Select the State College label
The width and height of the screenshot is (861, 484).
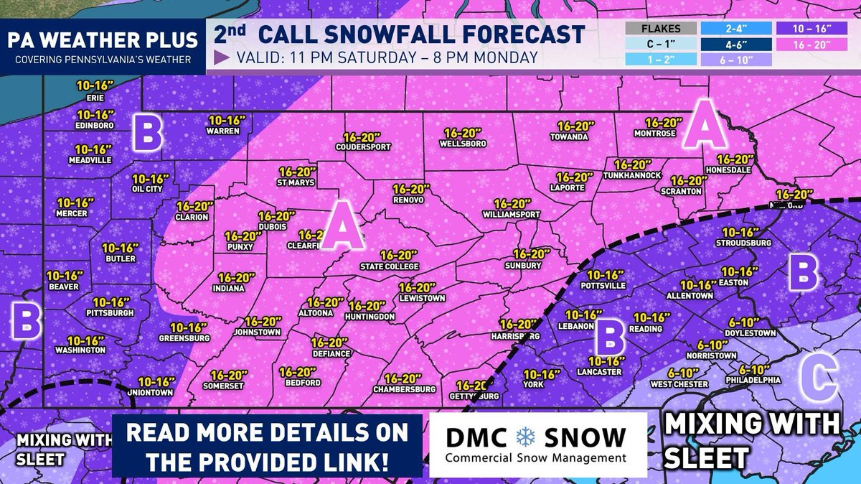[x=388, y=266]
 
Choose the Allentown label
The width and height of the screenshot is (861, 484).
[x=690, y=296]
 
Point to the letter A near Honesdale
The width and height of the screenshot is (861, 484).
[x=703, y=127]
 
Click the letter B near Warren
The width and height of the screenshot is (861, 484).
[x=147, y=134]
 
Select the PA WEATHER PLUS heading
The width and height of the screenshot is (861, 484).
[x=102, y=41]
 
